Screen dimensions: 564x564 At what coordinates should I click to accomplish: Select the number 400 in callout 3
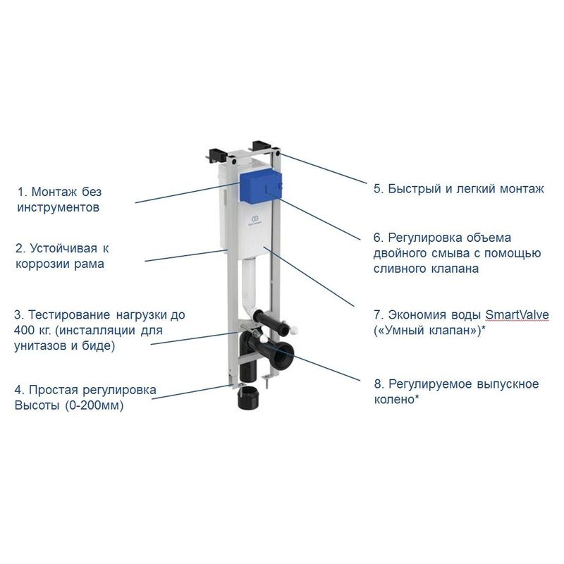(x=25, y=331)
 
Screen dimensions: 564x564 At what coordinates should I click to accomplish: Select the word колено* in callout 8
(x=398, y=399)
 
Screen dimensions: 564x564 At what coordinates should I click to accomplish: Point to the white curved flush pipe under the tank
(x=248, y=282)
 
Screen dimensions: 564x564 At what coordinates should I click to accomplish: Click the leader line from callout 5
(x=324, y=169)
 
